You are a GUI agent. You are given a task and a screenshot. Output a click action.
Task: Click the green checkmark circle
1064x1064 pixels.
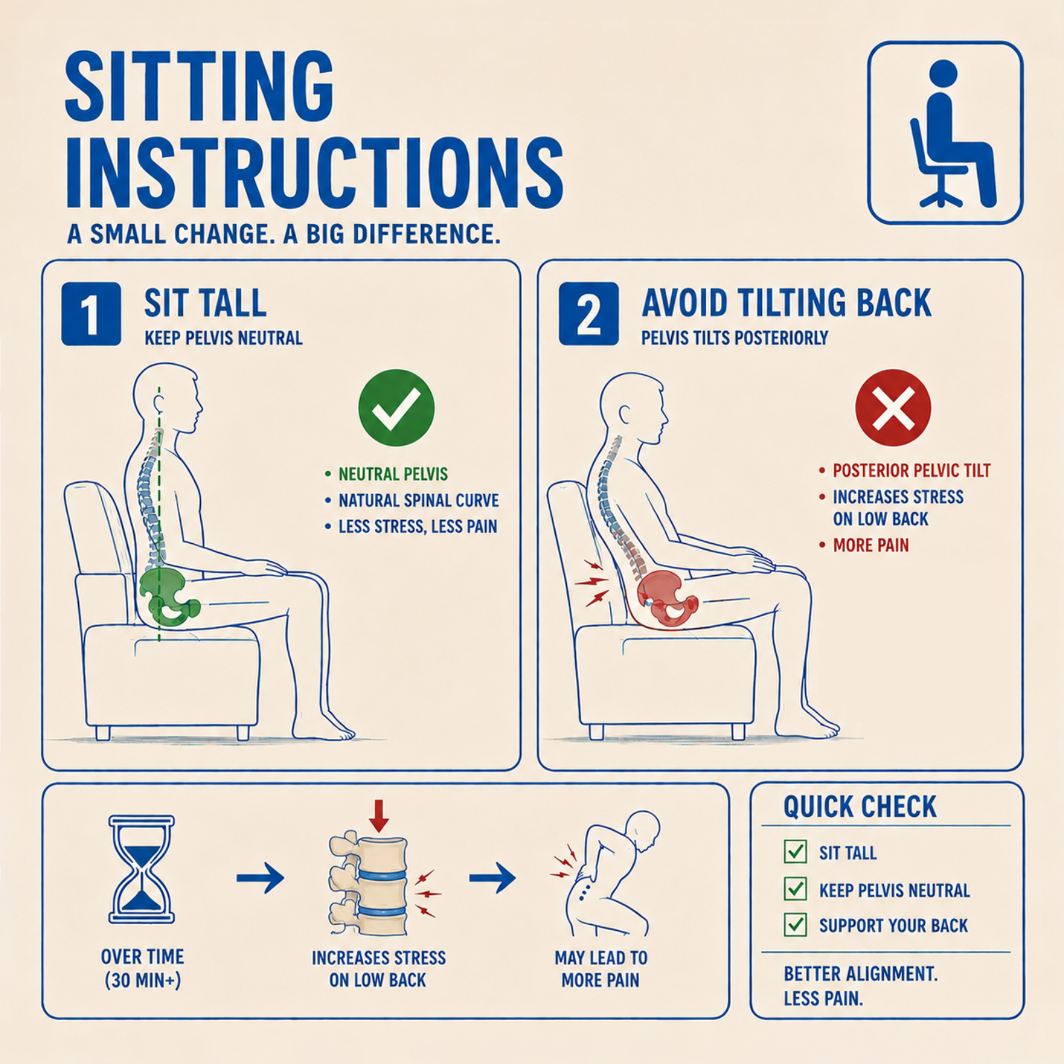pos(396,408)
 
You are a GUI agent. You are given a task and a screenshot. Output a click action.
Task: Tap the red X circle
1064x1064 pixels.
pos(893,408)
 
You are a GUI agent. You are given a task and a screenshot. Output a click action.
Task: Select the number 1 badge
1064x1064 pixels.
pos(91,314)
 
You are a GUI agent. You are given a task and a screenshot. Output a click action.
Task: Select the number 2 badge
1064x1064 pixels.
pos(588,314)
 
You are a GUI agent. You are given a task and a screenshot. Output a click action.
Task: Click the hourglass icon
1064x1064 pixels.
pos(142,869)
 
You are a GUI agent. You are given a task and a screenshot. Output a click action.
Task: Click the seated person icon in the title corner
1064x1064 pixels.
pos(945,133)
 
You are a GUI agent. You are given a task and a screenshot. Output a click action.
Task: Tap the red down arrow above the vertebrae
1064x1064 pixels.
pos(378,816)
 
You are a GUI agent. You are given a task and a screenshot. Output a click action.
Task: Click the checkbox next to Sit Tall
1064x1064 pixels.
pos(795,851)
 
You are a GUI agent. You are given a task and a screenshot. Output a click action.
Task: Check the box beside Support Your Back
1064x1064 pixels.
pos(795,925)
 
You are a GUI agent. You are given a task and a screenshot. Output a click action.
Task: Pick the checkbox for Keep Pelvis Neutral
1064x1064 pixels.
pos(795,889)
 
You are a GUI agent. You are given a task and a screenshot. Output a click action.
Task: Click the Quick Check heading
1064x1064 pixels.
pos(860,807)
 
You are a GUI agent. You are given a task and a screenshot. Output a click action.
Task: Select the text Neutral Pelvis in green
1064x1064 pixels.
pos(393,474)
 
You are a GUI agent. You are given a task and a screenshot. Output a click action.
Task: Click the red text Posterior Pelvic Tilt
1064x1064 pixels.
pos(912,470)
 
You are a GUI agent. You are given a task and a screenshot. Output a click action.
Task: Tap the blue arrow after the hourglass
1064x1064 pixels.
pos(260,878)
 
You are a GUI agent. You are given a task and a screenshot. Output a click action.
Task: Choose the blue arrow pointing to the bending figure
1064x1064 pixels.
pos(492,878)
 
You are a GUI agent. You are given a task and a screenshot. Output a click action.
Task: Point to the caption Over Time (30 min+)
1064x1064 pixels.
pos(143,968)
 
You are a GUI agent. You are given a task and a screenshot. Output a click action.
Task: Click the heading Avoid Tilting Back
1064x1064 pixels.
pos(786,303)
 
